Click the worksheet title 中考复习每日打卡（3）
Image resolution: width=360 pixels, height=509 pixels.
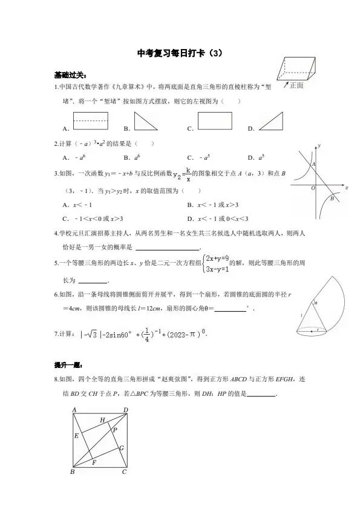(x=180, y=53)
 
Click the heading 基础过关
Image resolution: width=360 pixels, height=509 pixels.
(x=66, y=75)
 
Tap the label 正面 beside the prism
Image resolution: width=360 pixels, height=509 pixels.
(x=296, y=85)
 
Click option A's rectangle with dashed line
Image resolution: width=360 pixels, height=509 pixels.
(x=90, y=120)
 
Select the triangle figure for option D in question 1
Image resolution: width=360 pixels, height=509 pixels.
(x=272, y=120)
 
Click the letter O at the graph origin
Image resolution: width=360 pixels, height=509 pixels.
(x=313, y=188)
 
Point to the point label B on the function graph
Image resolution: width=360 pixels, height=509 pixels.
(x=332, y=199)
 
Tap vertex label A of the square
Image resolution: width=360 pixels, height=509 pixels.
(x=74, y=410)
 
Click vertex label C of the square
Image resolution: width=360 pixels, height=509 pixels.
(x=125, y=472)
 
